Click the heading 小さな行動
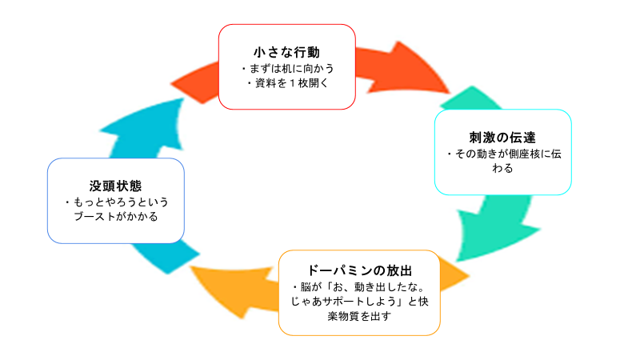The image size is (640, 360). (286, 52)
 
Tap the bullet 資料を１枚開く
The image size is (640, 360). (287, 82)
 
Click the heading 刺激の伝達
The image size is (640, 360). (502, 137)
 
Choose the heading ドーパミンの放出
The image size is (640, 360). (359, 270)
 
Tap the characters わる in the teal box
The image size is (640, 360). (503, 168)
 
